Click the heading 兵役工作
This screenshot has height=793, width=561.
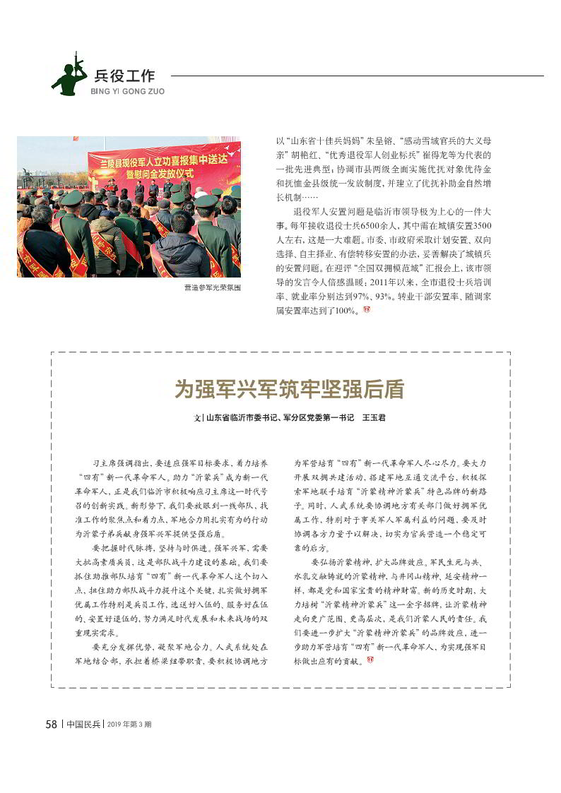[x=124, y=76]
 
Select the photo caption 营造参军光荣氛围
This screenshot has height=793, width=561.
[x=213, y=287]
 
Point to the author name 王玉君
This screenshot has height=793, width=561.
[x=374, y=418]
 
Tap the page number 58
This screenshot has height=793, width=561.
[x=51, y=724]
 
